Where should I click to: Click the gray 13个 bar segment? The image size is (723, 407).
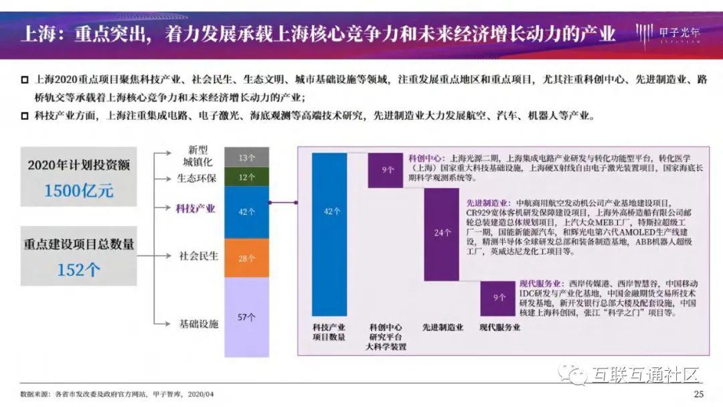click(246, 157)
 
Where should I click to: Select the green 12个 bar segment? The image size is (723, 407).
click(246, 177)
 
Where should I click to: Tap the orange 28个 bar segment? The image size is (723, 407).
click(246, 258)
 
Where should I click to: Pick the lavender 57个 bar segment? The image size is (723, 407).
click(246, 317)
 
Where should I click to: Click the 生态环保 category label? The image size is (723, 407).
click(196, 179)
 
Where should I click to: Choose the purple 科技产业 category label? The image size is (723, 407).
click(195, 209)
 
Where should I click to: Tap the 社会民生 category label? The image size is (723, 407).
click(198, 256)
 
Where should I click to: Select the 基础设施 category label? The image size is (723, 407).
click(198, 324)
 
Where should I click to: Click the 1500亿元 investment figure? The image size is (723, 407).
click(79, 190)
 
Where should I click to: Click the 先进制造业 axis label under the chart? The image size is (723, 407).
click(443, 327)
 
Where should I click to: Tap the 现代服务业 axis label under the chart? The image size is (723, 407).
click(500, 327)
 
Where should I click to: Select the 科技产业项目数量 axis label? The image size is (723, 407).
click(329, 332)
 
